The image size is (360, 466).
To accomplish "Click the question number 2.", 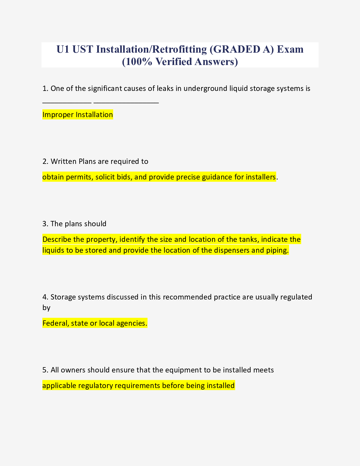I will click(45, 161).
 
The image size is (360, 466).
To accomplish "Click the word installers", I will click(261, 177).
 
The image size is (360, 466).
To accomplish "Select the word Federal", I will click(56, 323).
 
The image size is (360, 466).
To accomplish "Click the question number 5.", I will click(45, 370).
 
